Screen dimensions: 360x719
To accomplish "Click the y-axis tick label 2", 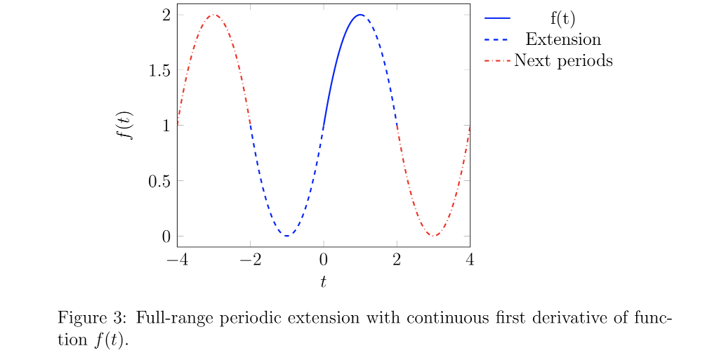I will (x=166, y=15).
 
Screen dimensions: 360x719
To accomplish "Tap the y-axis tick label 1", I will (x=166, y=126).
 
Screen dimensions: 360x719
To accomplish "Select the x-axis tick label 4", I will (x=470, y=260).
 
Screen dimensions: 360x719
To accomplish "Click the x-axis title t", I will (x=323, y=282).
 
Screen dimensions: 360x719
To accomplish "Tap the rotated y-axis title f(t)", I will (x=126, y=126).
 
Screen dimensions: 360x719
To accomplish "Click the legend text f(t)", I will (x=563, y=18).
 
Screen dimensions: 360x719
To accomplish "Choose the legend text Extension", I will (x=563, y=39).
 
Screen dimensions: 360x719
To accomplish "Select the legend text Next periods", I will (x=563, y=61).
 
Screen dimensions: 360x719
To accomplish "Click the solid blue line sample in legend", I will (x=498, y=18).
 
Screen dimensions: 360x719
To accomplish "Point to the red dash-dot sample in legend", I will (x=498, y=61).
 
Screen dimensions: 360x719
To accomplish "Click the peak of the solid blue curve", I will (x=359, y=15).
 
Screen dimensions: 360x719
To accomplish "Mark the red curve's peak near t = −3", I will (x=213, y=15).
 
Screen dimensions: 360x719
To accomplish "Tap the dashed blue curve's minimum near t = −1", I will (x=286, y=236).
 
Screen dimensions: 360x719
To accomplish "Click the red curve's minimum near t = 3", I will (x=433, y=236).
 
